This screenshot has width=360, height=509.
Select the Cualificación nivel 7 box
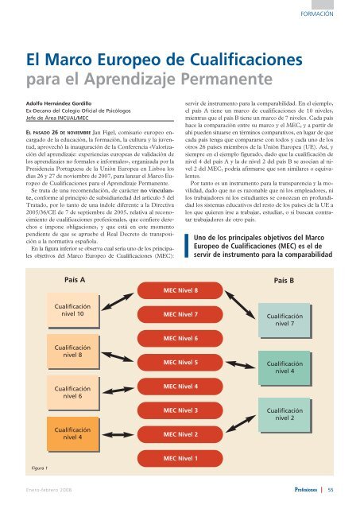coord(285,321)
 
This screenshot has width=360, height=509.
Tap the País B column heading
coord(284,281)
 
